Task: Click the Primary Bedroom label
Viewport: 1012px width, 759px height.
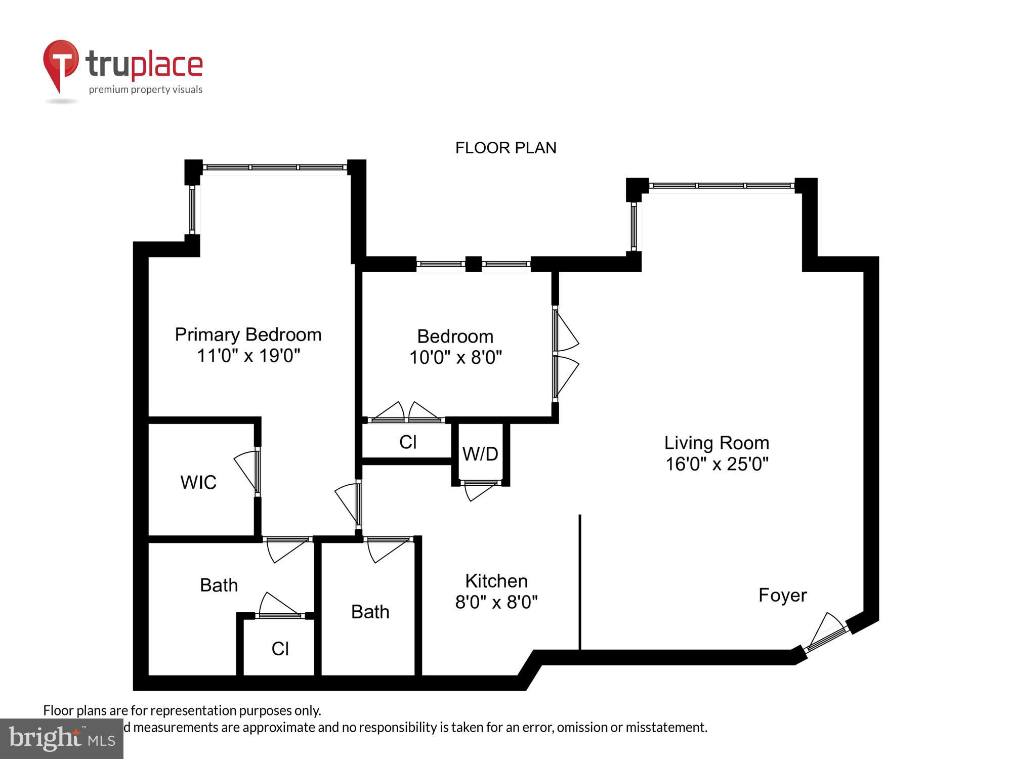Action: click(248, 334)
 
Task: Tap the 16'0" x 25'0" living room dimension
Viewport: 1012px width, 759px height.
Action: click(716, 464)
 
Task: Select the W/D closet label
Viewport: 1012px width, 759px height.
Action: click(480, 454)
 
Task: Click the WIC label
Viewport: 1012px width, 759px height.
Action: click(198, 482)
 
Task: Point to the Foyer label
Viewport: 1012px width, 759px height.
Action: click(782, 595)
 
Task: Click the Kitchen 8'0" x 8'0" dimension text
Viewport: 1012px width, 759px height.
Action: click(496, 602)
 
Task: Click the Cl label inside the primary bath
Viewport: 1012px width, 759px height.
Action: click(280, 649)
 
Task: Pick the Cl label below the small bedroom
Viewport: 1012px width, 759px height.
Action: click(408, 442)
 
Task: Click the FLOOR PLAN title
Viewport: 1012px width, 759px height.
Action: click(505, 148)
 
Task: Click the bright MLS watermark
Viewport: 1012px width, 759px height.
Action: click(62, 739)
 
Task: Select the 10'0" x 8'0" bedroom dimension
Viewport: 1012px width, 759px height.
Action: click(455, 358)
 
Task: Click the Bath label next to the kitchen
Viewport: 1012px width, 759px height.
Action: click(370, 612)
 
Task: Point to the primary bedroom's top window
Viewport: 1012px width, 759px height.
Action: click(275, 167)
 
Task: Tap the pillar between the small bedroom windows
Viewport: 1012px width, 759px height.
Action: click(473, 264)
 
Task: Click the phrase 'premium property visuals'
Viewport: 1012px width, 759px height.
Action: click(146, 90)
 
